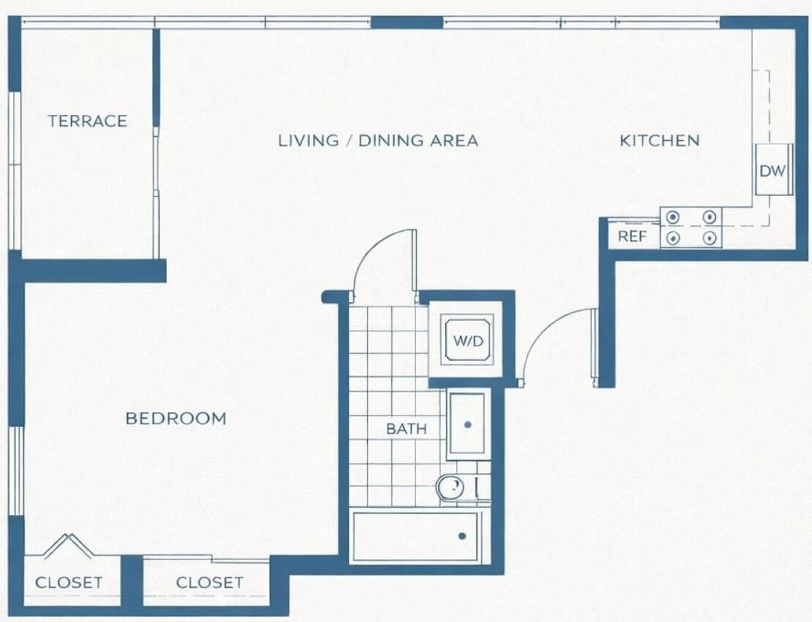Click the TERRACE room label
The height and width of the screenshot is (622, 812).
(x=88, y=121)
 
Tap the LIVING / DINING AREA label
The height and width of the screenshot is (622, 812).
(x=378, y=141)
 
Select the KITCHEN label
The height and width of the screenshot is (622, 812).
(x=660, y=141)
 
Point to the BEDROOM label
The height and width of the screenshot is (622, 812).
(x=176, y=419)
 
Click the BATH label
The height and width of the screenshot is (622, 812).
(x=407, y=429)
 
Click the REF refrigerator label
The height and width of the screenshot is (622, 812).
(x=632, y=236)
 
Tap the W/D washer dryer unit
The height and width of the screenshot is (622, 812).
(x=468, y=340)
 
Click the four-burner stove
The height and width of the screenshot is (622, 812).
(x=691, y=228)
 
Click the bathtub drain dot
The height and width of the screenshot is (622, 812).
(x=462, y=536)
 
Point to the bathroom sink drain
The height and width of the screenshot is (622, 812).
(x=468, y=425)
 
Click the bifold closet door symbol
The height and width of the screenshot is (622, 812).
(x=69, y=546)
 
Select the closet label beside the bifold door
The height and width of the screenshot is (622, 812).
(x=69, y=583)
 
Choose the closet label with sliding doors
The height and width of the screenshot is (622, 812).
(x=210, y=583)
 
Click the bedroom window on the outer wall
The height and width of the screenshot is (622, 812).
(x=16, y=471)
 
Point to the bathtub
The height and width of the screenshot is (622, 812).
(x=415, y=537)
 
